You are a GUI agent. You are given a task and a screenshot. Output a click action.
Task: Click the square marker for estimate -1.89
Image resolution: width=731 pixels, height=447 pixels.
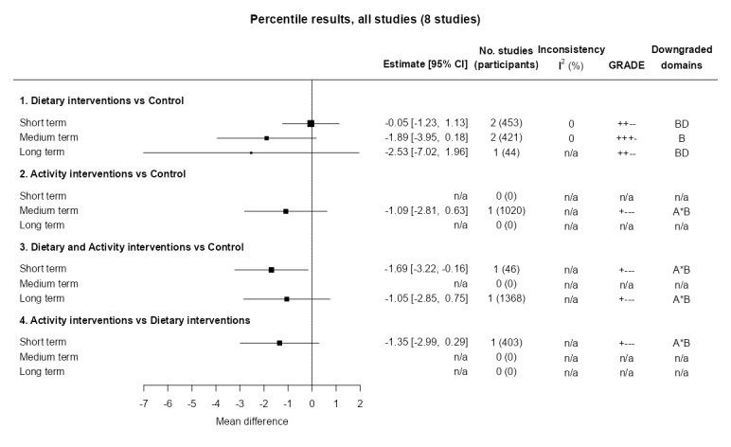(x=267, y=137)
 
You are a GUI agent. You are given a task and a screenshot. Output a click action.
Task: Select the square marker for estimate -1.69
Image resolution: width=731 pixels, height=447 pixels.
(x=272, y=270)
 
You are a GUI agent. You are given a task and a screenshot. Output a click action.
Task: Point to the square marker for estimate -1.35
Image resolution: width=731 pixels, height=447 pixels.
(x=279, y=343)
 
